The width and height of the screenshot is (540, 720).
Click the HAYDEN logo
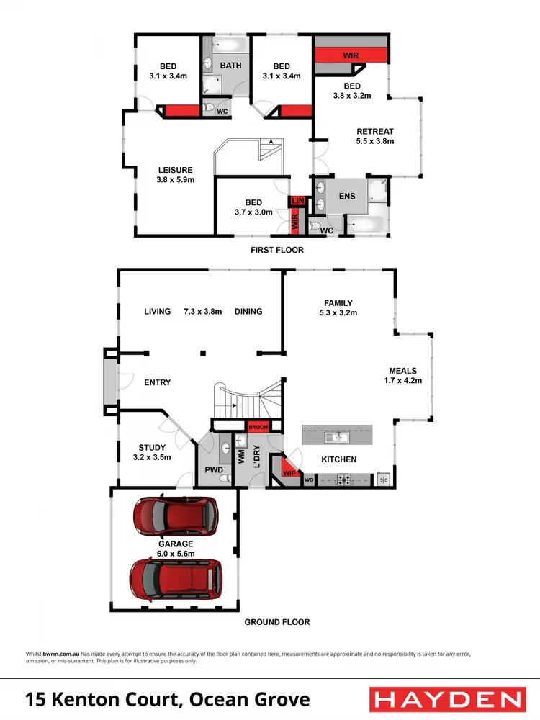click(x=447, y=698)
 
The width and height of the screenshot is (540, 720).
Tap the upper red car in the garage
click(x=176, y=514)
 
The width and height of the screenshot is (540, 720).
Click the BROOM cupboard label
click(x=258, y=427)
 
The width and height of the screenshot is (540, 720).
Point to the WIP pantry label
click(x=289, y=473)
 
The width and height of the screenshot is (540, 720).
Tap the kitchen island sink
click(x=337, y=436)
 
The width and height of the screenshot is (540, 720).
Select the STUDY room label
click(x=152, y=447)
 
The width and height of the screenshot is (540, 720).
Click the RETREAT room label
click(x=375, y=131)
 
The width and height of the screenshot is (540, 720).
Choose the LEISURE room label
click(x=176, y=170)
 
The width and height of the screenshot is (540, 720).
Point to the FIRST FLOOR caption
click(x=276, y=250)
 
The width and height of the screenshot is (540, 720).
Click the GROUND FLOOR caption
click(x=276, y=621)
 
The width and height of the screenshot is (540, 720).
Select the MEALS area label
click(x=403, y=371)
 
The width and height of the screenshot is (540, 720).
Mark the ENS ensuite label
click(x=348, y=195)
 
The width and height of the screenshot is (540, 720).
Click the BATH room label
click(x=231, y=66)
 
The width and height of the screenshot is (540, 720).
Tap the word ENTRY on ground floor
click(x=157, y=382)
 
